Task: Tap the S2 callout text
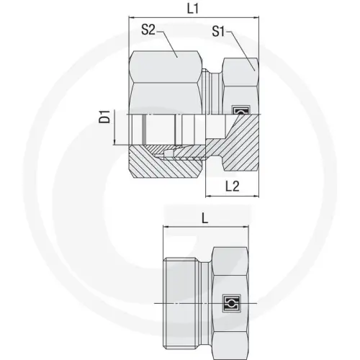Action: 149,30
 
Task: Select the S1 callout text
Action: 221,32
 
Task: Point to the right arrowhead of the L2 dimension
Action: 256,197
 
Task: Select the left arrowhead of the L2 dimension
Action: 207,197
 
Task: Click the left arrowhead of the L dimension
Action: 167,229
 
